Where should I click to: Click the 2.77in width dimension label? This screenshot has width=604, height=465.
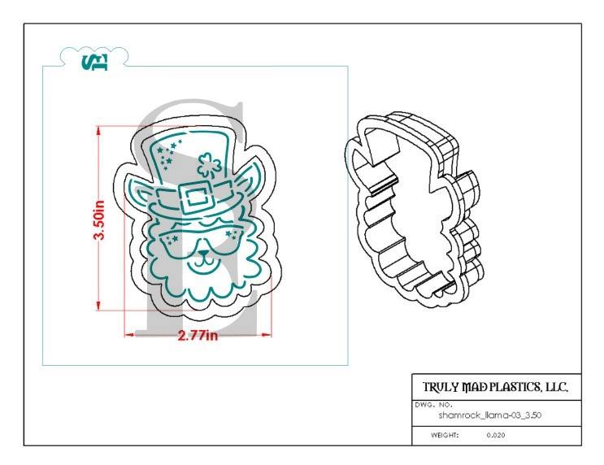[198, 335]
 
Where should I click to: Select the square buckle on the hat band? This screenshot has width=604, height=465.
[194, 198]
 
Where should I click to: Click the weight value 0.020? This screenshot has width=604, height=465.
[495, 435]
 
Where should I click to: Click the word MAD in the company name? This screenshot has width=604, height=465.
[465, 386]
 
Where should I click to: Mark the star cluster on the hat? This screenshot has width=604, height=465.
[170, 152]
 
